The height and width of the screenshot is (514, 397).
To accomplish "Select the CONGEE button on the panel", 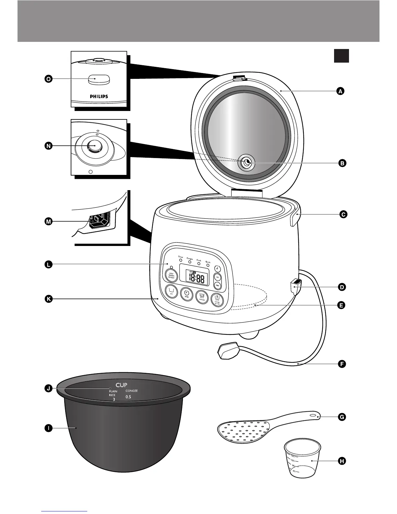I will pos(202,296).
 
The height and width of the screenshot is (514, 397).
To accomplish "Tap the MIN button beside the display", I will pos(218,285).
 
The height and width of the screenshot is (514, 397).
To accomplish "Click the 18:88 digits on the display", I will pos(197,278).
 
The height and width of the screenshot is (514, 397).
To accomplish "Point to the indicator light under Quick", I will pos(208,265).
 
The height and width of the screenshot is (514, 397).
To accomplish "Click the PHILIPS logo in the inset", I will pos(99,96).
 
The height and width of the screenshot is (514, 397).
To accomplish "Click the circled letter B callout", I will pos(342,163).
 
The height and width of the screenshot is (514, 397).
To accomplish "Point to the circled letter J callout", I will pos(48,388).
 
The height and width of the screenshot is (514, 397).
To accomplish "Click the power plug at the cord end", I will pos(228,351).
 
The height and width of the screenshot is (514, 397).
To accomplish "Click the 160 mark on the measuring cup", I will pos(293,456).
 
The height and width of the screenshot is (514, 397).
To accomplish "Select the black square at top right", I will pos(341,56).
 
